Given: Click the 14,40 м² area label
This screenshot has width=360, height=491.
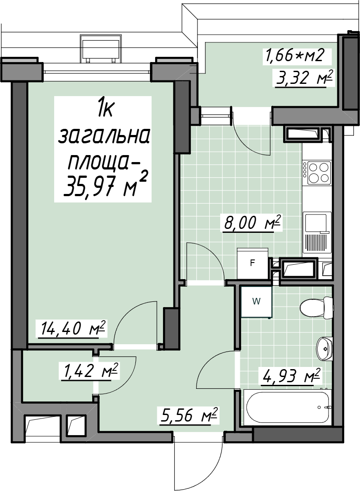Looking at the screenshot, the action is click(73, 328).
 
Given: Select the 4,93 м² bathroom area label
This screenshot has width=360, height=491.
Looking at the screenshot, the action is click(290, 375).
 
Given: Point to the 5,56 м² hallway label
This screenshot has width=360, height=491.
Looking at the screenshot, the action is click(188, 415).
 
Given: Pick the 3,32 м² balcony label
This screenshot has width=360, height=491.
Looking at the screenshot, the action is click(303, 78).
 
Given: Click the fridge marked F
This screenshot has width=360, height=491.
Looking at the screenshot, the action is click(253, 263).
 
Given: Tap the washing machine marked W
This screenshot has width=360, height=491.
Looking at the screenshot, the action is click(256, 302).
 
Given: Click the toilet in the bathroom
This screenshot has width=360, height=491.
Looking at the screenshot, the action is click(316, 308).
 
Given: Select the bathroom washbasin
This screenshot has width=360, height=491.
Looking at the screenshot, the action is click(324, 349).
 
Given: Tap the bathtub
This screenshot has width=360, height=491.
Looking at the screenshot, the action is click(287, 408).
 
